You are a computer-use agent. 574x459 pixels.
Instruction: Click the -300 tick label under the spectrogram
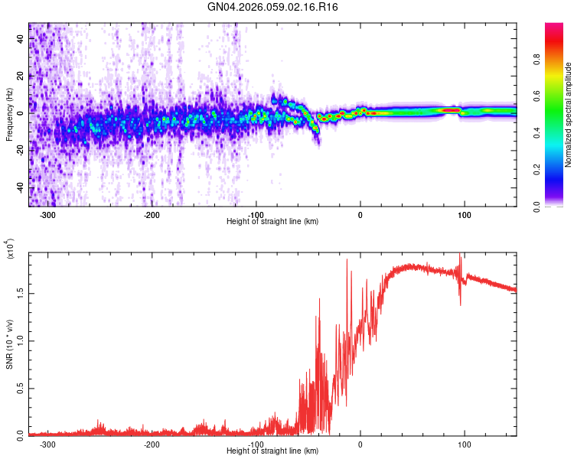47,216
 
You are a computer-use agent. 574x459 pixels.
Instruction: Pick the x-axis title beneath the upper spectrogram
272,221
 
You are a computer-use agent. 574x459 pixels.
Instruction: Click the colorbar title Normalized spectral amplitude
569,115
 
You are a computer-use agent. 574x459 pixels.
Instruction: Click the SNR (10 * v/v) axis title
10,344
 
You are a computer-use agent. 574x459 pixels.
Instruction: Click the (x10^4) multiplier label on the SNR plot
10,249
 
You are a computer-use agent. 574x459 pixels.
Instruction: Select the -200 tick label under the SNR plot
152,444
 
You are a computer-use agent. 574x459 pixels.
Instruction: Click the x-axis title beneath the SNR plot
272,451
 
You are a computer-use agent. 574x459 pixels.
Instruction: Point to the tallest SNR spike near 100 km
460,255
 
